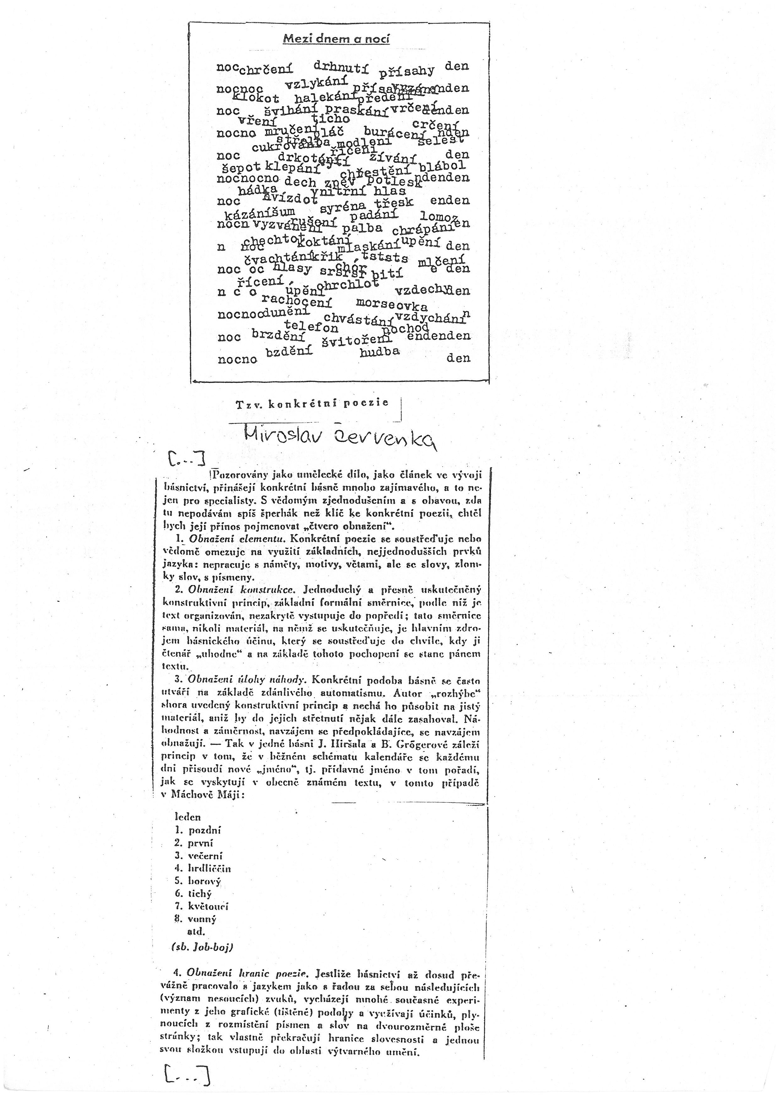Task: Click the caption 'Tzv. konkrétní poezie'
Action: click(x=312, y=404)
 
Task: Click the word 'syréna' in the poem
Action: click(x=342, y=208)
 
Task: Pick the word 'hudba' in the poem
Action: click(x=379, y=351)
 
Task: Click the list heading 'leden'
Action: click(x=188, y=817)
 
